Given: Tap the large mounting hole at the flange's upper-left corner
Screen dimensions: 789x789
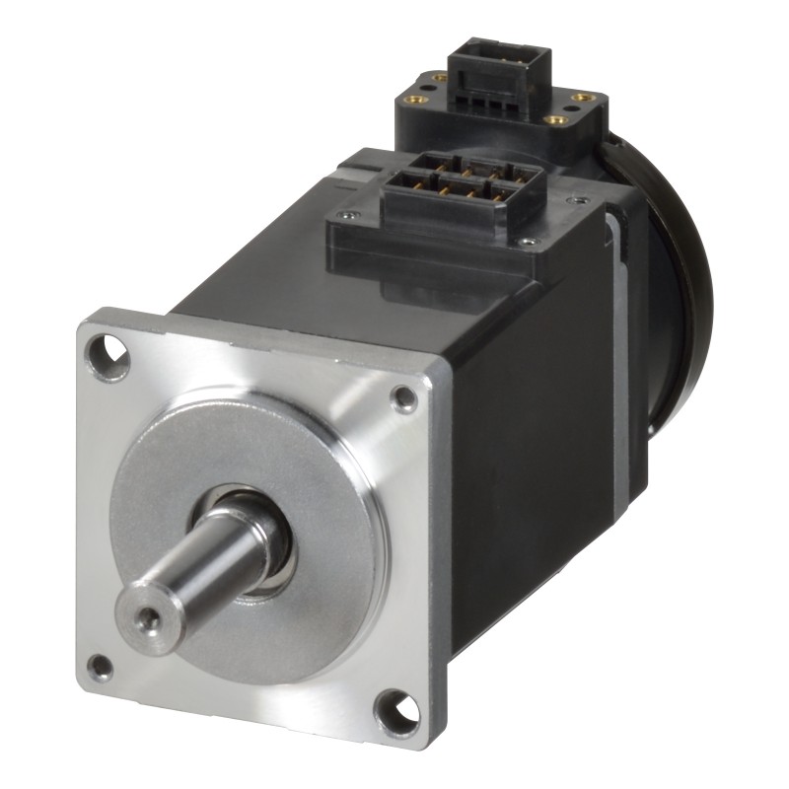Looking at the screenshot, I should [106, 356].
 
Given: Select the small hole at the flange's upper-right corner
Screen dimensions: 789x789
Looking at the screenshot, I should [403, 397].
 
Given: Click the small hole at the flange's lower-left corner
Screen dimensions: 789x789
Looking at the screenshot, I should [100, 667].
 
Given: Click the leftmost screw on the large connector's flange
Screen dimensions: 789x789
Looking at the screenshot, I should [344, 214].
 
